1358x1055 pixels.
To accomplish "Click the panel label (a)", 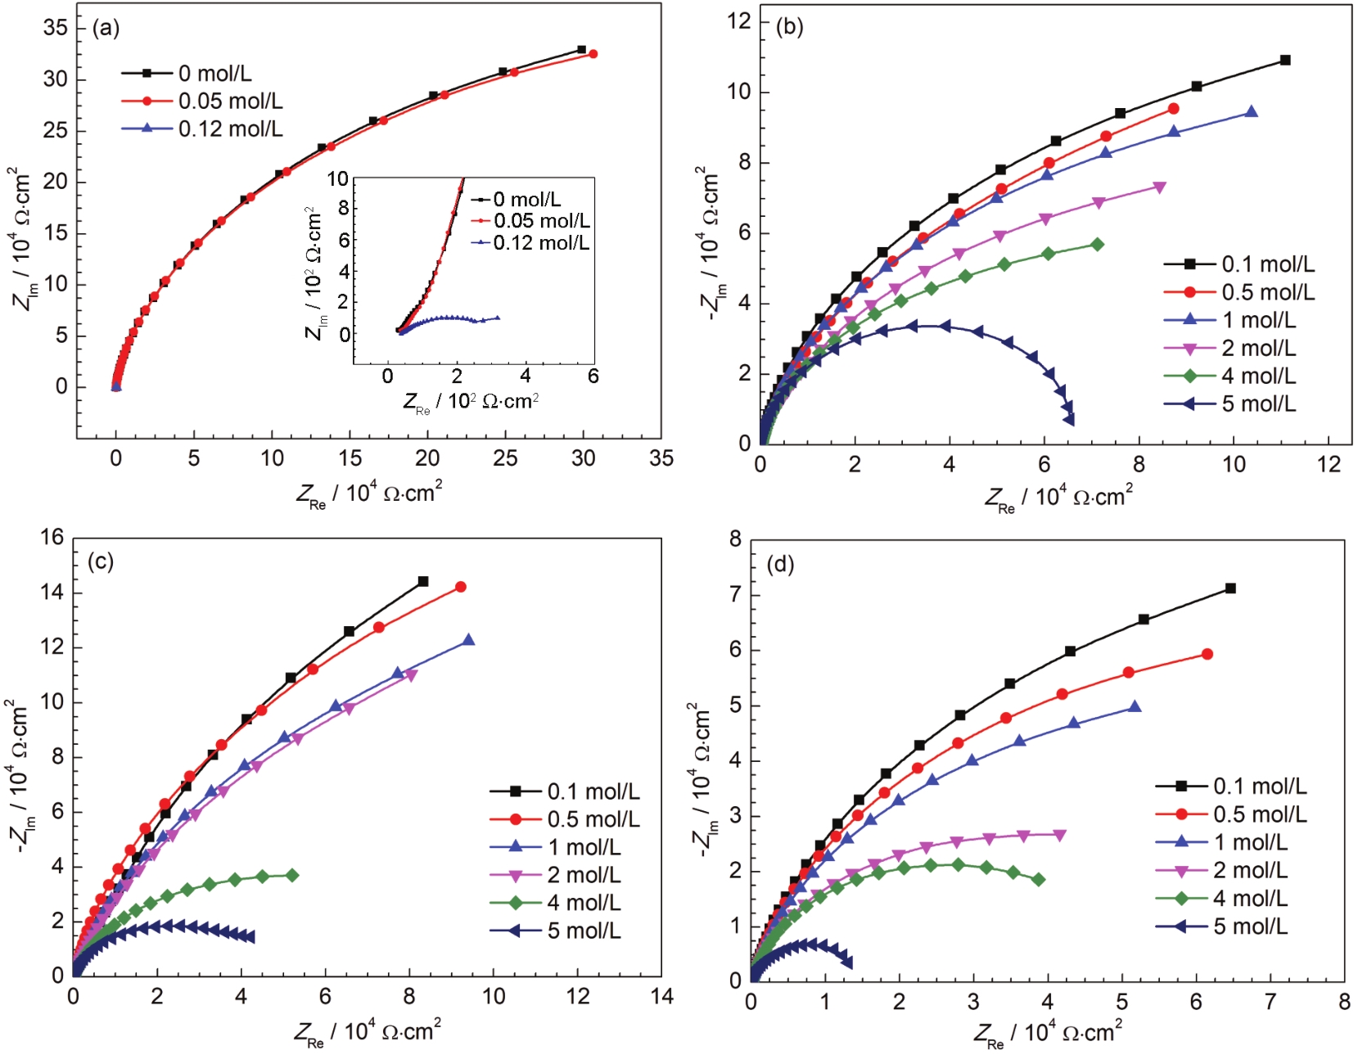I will (106, 29).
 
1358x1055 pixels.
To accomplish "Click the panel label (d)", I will (780, 564).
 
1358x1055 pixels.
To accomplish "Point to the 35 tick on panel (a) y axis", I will (56, 28).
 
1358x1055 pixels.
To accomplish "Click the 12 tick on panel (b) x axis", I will (1329, 465).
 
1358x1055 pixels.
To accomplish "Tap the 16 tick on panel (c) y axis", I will (52, 538).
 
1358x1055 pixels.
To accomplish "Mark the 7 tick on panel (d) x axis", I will (1270, 1003).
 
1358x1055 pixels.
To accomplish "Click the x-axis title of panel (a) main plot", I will (369, 494).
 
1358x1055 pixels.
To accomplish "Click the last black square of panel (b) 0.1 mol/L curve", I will (1285, 61).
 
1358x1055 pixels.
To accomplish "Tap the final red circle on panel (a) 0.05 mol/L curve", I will (593, 54).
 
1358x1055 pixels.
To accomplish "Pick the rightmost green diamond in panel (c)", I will (292, 876).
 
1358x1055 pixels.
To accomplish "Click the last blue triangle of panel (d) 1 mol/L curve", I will (1135, 707).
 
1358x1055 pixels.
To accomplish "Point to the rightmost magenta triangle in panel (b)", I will (1159, 187).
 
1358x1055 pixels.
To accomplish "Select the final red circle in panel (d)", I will (1207, 655).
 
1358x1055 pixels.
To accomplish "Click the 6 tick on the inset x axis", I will (593, 376).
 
